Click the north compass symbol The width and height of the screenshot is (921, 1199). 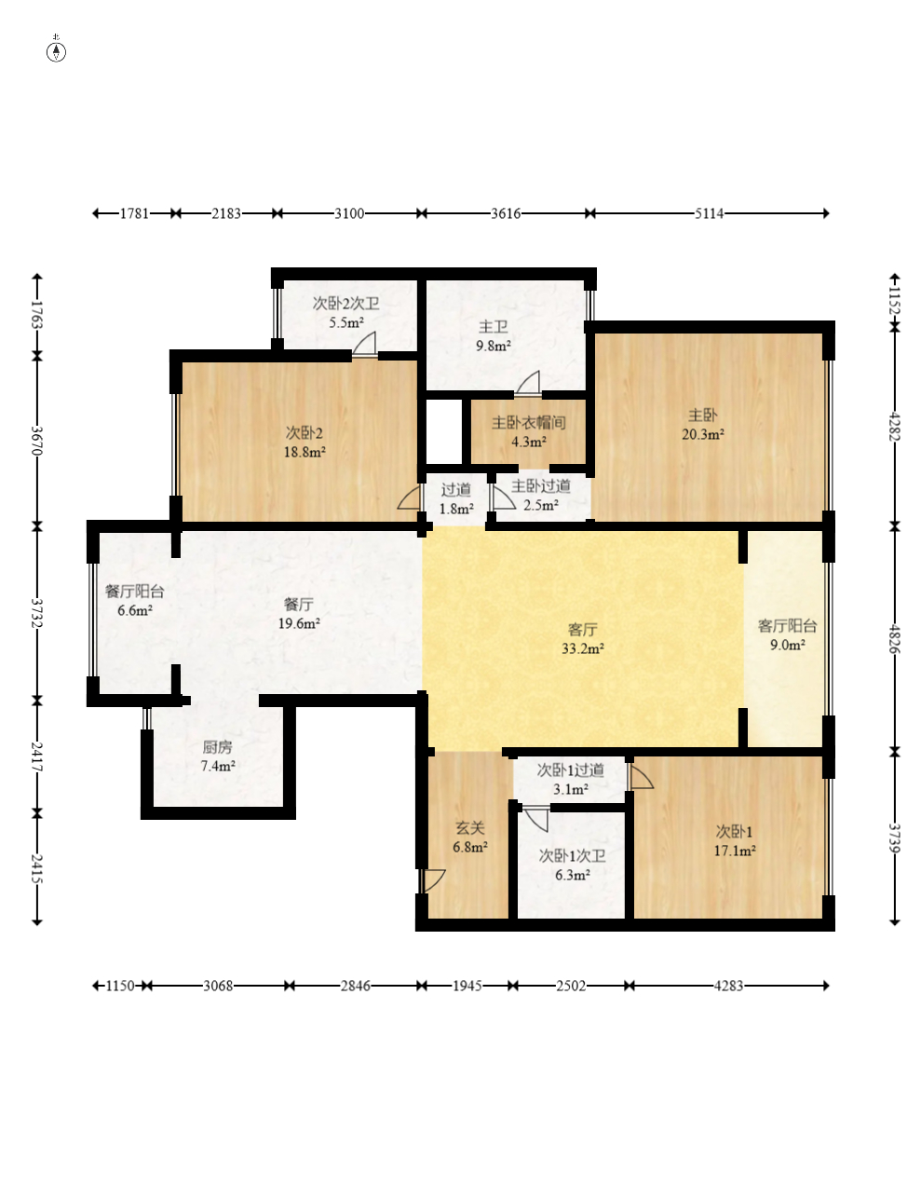coord(56,51)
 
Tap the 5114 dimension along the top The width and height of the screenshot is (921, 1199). coord(709,213)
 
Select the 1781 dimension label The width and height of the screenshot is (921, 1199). coord(135,213)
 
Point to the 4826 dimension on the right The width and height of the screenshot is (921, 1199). coord(895,639)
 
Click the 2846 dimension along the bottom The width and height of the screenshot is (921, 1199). coord(355,986)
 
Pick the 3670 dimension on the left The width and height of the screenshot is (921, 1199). coord(37,441)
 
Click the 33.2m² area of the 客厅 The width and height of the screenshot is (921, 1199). coord(582,649)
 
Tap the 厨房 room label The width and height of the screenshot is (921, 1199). coord(217,747)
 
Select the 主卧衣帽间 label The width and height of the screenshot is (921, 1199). coord(528,423)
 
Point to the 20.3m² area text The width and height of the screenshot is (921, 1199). coord(702,435)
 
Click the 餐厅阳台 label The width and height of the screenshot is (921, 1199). coord(135,593)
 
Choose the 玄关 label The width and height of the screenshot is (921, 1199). coord(470,827)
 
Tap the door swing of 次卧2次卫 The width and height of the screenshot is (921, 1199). coord(364,344)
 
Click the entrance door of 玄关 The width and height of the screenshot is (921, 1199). coord(433,880)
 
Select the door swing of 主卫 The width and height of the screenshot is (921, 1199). coord(528,383)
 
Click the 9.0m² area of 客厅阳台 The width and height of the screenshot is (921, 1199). coord(788,645)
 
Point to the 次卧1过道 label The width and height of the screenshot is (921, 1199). coord(570,770)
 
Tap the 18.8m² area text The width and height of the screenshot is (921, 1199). coord(305,453)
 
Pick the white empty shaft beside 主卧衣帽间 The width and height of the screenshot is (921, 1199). coord(443,432)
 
